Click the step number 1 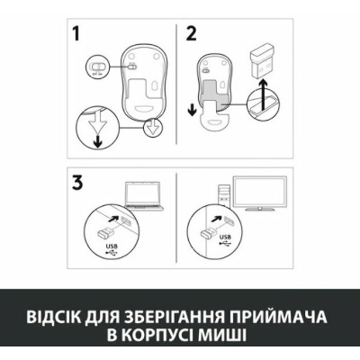click(76, 33)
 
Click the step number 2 click(192, 33)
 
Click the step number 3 click(77, 183)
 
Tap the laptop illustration click(144, 195)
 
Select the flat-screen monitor click(260, 193)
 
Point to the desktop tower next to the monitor click(224, 195)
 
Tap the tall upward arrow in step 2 click(263, 97)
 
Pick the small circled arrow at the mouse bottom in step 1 click(153, 127)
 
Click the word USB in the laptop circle click(112, 246)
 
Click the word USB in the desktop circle click(225, 237)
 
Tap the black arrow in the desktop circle click(215, 219)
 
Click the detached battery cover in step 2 click(213, 115)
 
